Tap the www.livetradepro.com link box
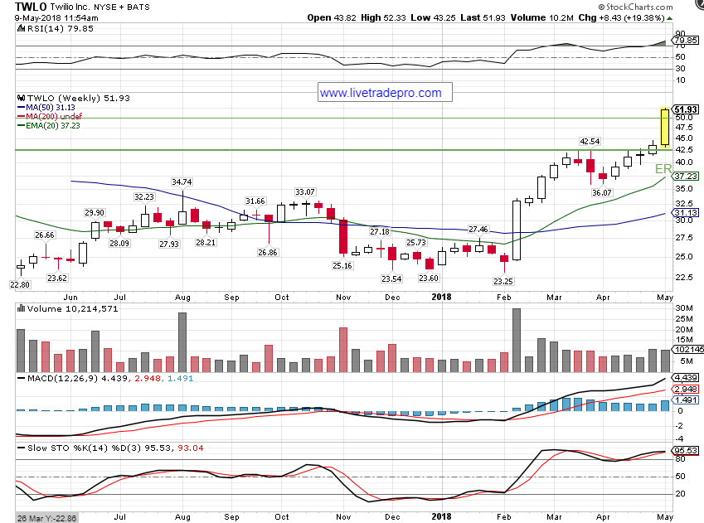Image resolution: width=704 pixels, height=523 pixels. coord(381,93)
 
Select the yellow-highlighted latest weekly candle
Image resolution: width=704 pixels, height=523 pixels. coord(665,128)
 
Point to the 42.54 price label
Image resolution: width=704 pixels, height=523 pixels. coord(590,142)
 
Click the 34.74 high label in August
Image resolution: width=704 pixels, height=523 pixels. coord(182,182)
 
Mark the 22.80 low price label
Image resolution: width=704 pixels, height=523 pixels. coord(21,284)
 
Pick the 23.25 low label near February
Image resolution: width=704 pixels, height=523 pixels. coord(503,281)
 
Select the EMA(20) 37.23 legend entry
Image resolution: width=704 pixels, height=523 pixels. coord(51,126)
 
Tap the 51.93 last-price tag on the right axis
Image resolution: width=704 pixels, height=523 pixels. coord(687,109)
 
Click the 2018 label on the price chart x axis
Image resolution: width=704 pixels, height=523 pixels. coord(439,295)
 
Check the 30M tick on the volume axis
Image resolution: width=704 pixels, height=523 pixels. coord(684,309)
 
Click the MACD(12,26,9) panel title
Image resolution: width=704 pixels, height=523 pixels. coord(54,379)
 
